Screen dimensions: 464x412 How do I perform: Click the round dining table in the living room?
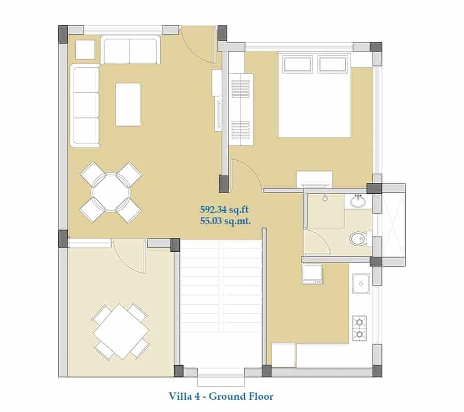click(111, 193)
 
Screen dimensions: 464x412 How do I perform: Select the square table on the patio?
click(121, 332)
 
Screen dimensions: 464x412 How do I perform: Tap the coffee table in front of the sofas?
click(128, 105)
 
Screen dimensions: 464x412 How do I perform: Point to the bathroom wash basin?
click(358, 201)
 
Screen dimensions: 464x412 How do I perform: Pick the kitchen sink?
click(361, 283)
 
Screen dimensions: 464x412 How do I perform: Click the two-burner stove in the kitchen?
click(359, 328)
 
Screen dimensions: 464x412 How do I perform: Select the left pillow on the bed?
click(297, 64)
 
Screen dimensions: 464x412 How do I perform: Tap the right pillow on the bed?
click(333, 64)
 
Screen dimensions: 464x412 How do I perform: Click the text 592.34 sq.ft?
click(224, 210)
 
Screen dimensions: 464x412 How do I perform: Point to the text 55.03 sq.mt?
click(225, 221)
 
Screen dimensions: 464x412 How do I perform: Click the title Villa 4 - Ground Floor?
click(221, 396)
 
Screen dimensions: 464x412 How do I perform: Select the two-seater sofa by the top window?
click(130, 49)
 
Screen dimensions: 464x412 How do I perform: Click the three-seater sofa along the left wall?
click(85, 106)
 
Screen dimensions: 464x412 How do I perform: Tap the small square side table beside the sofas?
click(85, 49)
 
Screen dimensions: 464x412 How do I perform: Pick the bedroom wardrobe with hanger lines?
click(241, 109)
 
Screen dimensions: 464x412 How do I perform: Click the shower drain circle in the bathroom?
click(325, 198)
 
